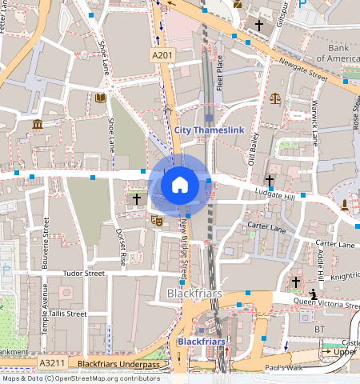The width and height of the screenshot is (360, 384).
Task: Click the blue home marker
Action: [x=180, y=185]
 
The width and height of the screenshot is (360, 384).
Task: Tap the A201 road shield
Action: [x=162, y=54]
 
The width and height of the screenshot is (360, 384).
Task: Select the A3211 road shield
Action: [x=51, y=363]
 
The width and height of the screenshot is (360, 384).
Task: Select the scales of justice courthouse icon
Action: [x=275, y=98]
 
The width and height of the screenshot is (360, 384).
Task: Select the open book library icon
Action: [x=100, y=98]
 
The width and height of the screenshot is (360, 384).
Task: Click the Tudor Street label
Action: [x=84, y=273]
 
